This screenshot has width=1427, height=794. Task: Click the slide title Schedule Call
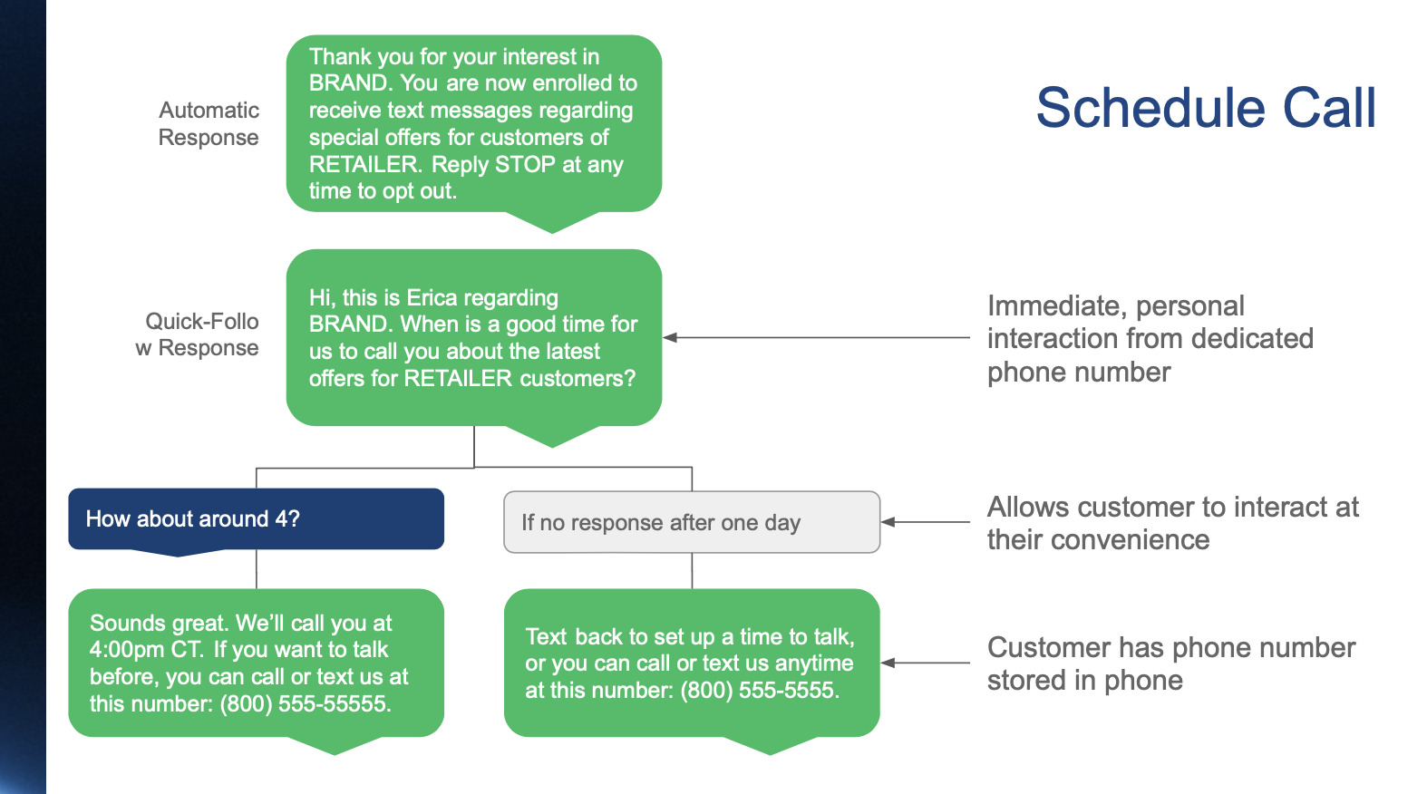coord(1205,108)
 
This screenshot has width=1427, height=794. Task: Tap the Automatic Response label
coord(209,123)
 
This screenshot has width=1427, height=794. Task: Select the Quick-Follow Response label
coord(198,334)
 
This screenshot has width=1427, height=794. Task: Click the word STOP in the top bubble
coord(525,164)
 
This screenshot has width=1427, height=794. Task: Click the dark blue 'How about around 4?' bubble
coord(256,518)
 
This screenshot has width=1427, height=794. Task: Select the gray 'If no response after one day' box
coord(691,522)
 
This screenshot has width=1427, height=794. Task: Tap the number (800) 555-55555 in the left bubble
coord(305,703)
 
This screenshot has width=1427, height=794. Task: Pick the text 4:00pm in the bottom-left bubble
coord(123,650)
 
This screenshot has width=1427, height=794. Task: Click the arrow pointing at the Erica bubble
coord(672,337)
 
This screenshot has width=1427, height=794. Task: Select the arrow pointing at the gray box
coord(889,522)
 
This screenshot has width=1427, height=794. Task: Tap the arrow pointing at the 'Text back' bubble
coord(889,663)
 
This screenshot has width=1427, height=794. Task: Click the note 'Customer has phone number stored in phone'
coord(1170,663)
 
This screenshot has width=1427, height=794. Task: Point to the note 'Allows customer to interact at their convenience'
coord(1172,523)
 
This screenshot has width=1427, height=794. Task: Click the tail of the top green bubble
coord(551,223)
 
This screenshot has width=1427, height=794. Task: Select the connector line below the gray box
coord(692,571)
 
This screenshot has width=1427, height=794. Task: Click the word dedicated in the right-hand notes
coord(1252,339)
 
